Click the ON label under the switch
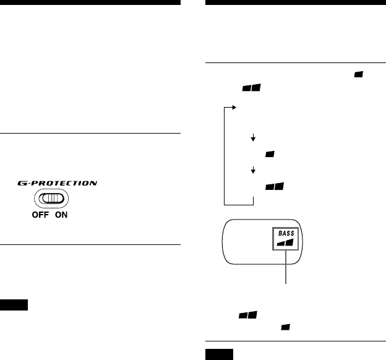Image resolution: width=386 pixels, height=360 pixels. pyautogui.click(x=61, y=216)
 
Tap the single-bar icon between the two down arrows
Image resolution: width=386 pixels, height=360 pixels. pyautogui.click(x=270, y=154)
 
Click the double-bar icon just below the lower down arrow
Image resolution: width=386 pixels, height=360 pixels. pyautogui.click(x=274, y=186)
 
